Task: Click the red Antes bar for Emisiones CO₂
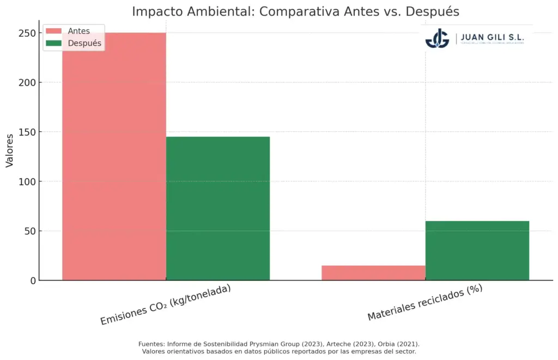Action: click(114, 163)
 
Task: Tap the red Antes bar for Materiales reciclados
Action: click(373, 273)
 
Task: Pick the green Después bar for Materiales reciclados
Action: click(477, 251)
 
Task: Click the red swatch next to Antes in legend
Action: click(54, 31)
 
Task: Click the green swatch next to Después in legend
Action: click(54, 43)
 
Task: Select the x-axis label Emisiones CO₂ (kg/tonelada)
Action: click(166, 304)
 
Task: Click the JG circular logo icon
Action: click(437, 38)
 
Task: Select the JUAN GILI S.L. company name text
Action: click(492, 37)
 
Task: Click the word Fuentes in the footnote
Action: click(151, 344)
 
